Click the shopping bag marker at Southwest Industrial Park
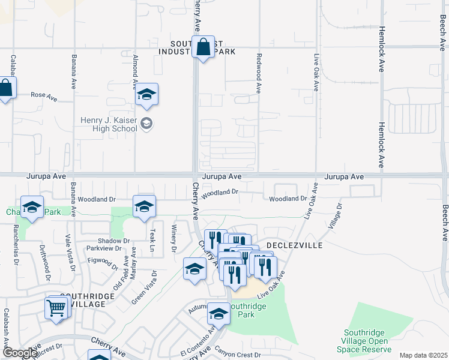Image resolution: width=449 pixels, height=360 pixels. click(x=203, y=47)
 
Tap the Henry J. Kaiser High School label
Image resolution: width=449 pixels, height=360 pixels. click(x=109, y=124)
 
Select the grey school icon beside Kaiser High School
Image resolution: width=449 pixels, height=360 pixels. click(x=146, y=124)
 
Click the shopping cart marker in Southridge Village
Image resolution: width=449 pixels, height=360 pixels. click(x=56, y=308)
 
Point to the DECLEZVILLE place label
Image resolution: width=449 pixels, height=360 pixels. click(x=294, y=246)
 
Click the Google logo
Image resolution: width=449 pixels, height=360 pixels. click(x=20, y=353)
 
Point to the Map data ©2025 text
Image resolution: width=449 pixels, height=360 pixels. click(x=423, y=355)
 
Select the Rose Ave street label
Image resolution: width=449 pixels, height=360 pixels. click(x=43, y=95)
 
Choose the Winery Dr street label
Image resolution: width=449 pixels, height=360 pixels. click(x=173, y=240)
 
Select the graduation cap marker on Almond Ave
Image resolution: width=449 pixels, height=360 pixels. click(x=146, y=95)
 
